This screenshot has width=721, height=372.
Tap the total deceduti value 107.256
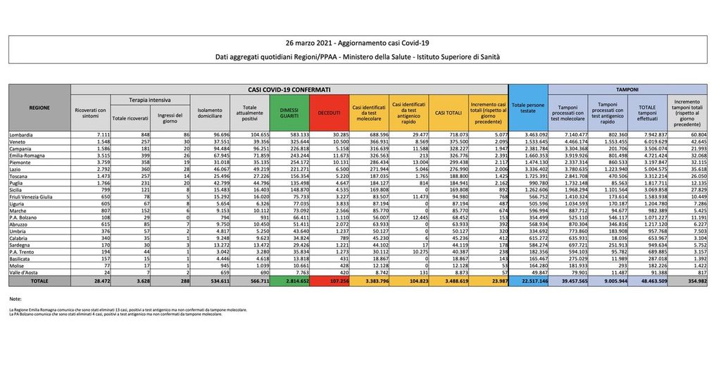point(329,280)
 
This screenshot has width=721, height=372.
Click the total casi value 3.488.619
point(449,280)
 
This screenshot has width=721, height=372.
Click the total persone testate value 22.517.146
point(528,280)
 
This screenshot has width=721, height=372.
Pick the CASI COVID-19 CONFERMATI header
point(289,90)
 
